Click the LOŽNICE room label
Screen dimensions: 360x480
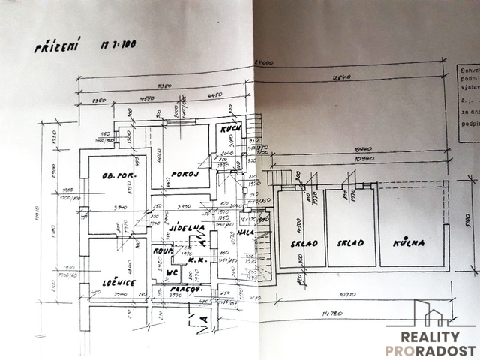click(x=118, y=282)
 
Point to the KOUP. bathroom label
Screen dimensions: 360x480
click(x=163, y=253)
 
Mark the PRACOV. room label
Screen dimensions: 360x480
click(x=184, y=288)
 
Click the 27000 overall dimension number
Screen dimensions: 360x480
click(x=262, y=62)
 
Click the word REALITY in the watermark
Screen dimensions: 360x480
click(x=430, y=337)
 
